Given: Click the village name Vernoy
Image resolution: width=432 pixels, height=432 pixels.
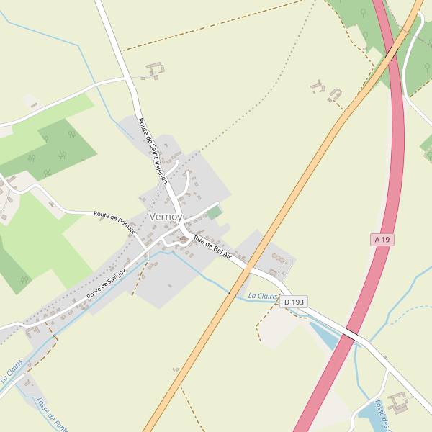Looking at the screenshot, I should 166,216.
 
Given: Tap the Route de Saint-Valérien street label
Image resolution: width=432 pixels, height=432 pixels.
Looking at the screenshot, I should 153,151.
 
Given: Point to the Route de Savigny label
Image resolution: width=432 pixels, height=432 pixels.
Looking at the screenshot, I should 106,284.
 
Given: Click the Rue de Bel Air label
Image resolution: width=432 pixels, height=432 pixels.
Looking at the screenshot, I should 212,250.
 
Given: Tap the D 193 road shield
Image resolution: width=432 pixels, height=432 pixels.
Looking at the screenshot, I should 292,302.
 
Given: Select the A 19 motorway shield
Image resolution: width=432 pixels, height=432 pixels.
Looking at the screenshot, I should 382,239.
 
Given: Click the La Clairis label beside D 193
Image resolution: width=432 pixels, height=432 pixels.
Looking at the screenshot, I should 262,296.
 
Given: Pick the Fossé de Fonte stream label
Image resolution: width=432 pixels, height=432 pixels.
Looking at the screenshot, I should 51,414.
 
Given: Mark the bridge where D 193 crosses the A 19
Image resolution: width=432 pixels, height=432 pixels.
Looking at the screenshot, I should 351,335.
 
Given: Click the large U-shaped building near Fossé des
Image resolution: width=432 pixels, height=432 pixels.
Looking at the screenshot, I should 398,402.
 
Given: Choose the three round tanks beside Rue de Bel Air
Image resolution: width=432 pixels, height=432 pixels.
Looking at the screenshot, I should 279,258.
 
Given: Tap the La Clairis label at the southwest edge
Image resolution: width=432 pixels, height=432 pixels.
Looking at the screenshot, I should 12,371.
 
